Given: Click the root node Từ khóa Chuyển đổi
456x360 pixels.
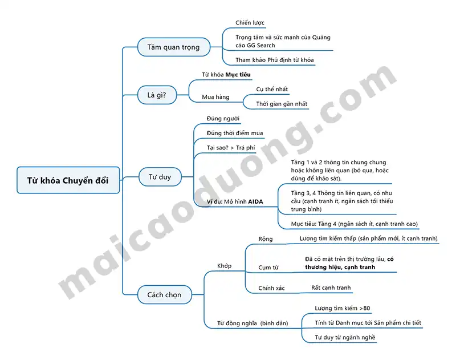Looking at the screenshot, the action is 68,180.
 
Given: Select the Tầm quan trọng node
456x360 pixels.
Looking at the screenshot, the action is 174,47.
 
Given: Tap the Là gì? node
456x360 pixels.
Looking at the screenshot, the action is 157,95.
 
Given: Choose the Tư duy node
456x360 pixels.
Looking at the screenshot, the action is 160,177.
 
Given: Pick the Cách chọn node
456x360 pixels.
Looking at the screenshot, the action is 164,294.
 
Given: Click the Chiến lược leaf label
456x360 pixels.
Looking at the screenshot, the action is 250,23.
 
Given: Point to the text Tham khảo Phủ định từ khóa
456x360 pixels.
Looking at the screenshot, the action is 275,60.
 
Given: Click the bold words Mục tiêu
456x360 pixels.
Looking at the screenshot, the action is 238,75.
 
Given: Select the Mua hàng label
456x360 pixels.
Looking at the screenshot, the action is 215,97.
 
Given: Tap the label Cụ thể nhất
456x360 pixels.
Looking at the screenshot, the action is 272,89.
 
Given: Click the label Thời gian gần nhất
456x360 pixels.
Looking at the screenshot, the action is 282,104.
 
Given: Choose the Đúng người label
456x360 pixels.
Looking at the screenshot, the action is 223,119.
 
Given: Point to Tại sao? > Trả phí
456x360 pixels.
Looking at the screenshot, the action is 231,148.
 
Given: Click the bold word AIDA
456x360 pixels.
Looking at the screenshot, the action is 255,201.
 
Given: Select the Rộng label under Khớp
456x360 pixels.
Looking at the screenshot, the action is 266,239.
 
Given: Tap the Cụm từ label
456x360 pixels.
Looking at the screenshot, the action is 268,268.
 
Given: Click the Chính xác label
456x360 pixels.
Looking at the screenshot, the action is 271,288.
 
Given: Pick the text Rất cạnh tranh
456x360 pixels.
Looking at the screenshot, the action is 331,288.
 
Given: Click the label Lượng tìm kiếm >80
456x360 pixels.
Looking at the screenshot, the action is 343,308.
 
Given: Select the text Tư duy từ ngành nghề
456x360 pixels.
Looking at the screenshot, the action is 345,338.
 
